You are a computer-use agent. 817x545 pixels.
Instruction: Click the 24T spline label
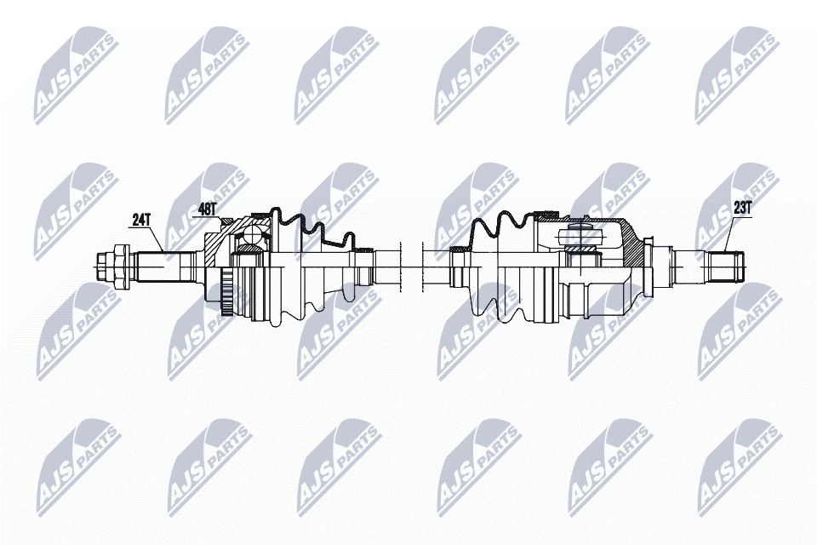click(x=140, y=221)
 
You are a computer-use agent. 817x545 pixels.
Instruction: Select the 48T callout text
click(x=208, y=209)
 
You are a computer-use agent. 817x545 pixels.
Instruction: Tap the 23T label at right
click(x=742, y=209)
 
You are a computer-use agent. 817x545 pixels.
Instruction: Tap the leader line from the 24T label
click(x=154, y=238)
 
